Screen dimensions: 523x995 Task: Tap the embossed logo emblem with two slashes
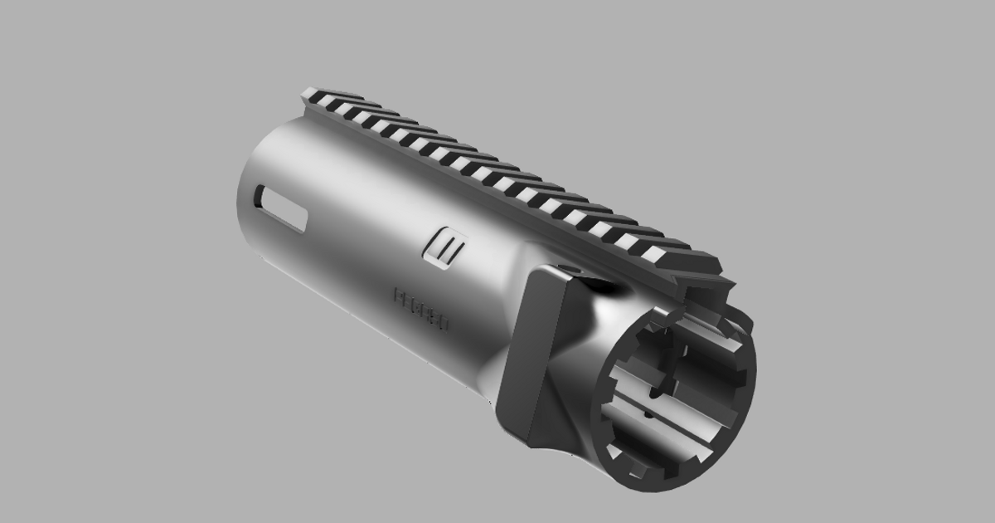point(446,248)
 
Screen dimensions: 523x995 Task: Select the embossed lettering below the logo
point(421,310)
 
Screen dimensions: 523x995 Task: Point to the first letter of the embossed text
point(398,296)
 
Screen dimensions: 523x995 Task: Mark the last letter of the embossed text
point(444,324)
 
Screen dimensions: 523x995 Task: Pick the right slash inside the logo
point(452,251)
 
